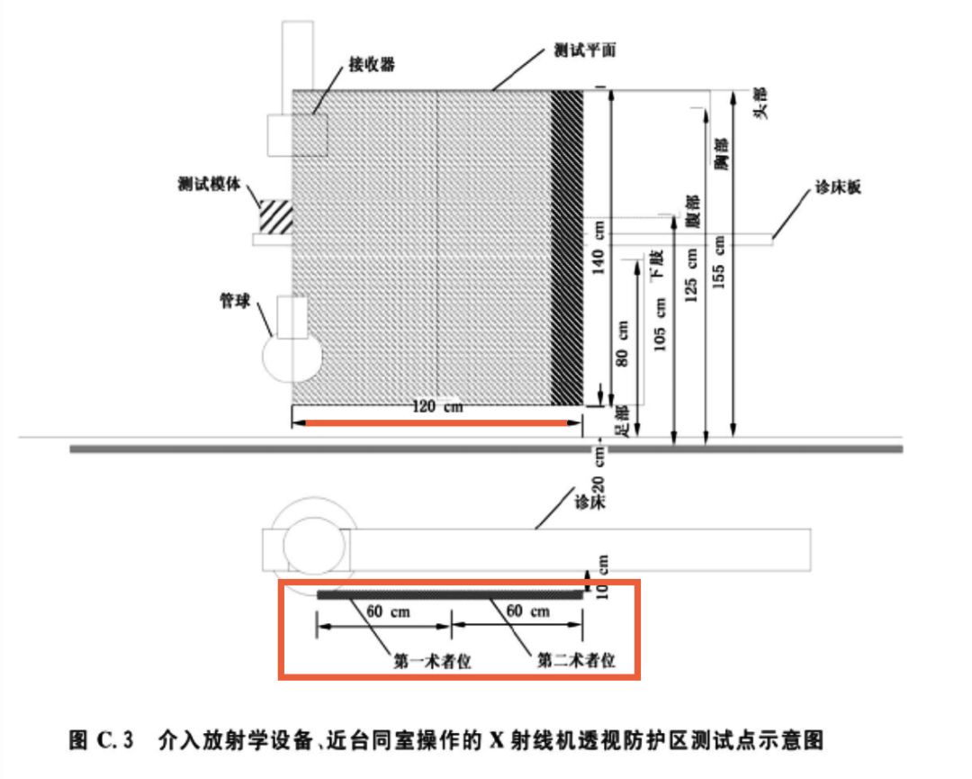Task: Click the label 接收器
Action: tap(372, 65)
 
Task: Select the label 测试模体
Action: tap(208, 185)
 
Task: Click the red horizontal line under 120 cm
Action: tap(436, 421)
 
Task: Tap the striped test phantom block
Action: tap(276, 217)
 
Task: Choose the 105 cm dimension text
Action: tap(661, 323)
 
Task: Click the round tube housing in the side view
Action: tap(291, 358)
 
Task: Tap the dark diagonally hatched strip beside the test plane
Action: tap(566, 248)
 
